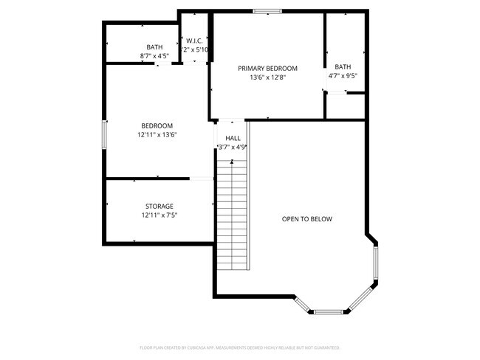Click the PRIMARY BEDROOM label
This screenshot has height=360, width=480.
[267, 68]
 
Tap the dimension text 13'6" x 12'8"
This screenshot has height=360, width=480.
[267, 77]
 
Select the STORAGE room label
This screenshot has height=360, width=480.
[159, 206]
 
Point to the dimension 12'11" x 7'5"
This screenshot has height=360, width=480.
[159, 215]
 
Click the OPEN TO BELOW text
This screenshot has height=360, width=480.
[307, 219]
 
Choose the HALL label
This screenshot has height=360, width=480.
[233, 138]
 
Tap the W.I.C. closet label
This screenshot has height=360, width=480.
[194, 41]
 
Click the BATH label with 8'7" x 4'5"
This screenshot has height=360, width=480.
[154, 47]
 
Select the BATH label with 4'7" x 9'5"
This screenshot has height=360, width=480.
[343, 66]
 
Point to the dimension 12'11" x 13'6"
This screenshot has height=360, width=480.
[157, 134]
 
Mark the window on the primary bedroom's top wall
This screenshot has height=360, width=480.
[267, 11]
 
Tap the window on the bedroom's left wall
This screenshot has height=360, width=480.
[104, 135]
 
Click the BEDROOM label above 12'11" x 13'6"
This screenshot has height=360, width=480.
[157, 125]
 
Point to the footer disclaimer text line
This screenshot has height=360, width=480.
[239, 347]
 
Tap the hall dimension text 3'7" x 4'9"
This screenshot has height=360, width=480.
[232, 147]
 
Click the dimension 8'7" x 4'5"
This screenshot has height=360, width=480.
[154, 56]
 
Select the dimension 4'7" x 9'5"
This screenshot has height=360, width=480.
[343, 75]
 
